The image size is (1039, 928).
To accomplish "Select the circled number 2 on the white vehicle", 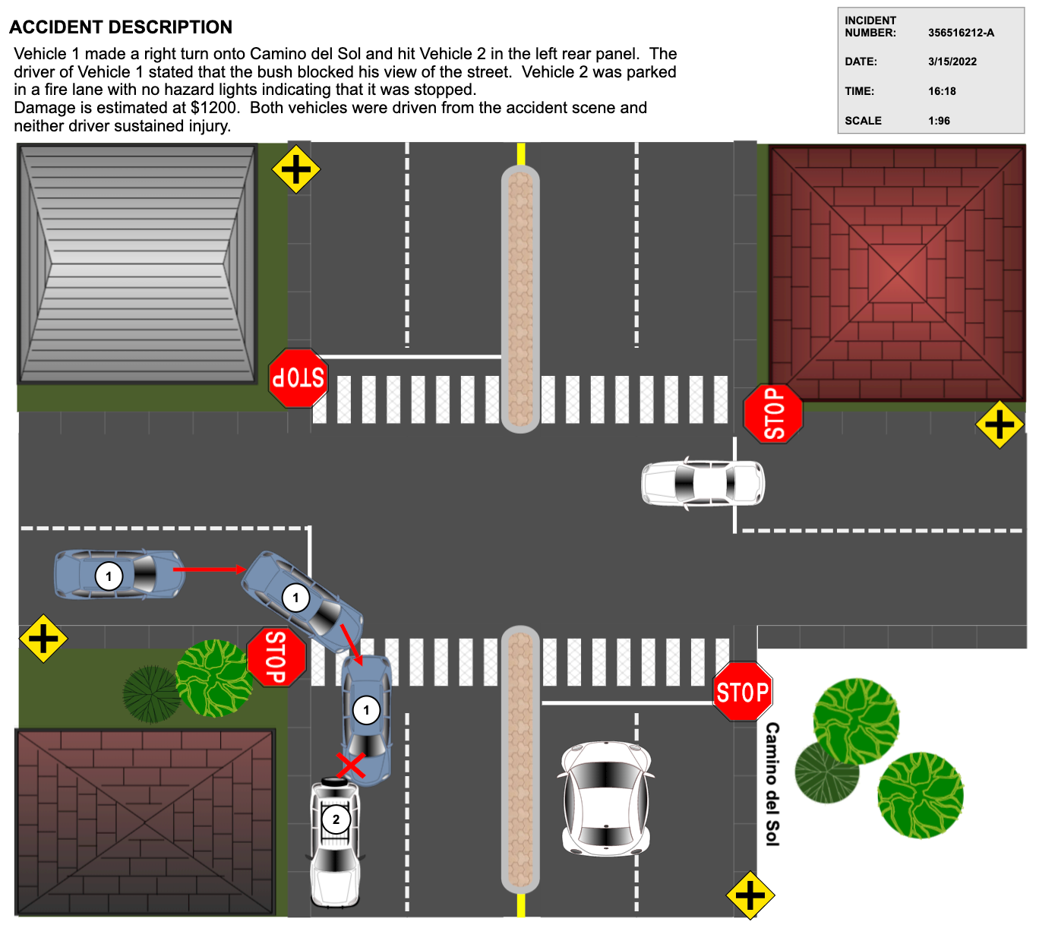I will pos(336,819).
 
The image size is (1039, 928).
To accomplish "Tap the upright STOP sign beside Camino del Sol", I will pos(742,692).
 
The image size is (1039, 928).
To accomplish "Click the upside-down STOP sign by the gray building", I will pos(298,377).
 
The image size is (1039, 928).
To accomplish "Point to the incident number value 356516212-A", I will pos(961,33).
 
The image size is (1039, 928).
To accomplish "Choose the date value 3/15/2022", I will pos(952,62).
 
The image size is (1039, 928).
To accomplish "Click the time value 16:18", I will pos(942,91).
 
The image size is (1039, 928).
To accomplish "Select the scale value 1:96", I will pos(939,121).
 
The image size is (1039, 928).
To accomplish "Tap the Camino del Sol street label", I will pos(772,784).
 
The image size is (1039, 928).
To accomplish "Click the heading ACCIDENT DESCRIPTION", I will pos(121,27).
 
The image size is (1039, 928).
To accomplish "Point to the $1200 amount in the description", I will pos(214,108).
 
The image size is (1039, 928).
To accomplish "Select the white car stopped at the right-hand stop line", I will pos(703,483).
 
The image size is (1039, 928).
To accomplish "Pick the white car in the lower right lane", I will pos(605,797).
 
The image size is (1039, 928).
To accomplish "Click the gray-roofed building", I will pos(138,264).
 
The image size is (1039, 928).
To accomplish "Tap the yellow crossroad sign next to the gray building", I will pos(295,169).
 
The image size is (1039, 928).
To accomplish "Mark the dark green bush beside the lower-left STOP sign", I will pos(151,693).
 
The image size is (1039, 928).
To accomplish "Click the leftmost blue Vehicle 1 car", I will pos(118,575).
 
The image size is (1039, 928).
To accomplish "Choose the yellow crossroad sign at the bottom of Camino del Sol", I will pos(750,895).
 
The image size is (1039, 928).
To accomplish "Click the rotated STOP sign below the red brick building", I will pos(772,413).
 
